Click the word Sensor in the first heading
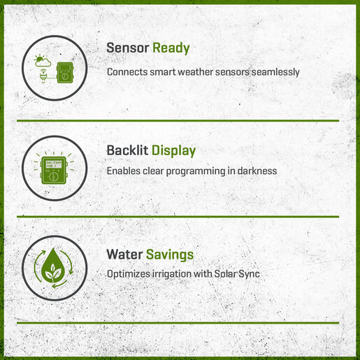[128, 48]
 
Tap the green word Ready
[171, 49]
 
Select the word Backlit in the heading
[127, 150]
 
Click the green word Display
[173, 151]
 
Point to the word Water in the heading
[124, 254]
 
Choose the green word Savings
[170, 255]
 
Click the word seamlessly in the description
[275, 72]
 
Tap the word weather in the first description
[196, 72]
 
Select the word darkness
[257, 171]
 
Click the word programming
[196, 171]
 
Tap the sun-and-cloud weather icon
[42, 61]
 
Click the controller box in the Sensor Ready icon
[65, 73]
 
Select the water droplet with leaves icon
[53, 266]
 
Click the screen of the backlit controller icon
[54, 164]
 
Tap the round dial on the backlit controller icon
[53, 177]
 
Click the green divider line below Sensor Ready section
[178, 120]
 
